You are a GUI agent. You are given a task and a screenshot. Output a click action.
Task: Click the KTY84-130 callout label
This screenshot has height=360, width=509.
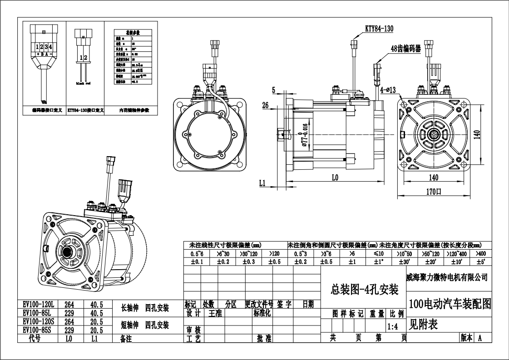pyautogui.click(x=379, y=29)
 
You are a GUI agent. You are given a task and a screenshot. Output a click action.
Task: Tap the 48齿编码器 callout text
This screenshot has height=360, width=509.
pyautogui.click(x=405, y=48)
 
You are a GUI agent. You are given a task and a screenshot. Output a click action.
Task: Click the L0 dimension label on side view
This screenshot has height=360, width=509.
pyautogui.click(x=335, y=178)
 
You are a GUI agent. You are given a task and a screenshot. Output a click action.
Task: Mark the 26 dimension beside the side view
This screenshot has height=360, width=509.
pyautogui.click(x=266, y=105)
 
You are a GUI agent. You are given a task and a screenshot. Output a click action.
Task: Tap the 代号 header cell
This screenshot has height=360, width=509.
pyautogui.click(x=35, y=339)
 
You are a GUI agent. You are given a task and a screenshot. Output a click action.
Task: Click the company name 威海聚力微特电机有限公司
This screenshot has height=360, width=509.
pyautogui.click(x=446, y=277)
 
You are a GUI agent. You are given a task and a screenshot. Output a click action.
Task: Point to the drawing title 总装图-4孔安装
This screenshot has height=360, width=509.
pyautogui.click(x=364, y=289)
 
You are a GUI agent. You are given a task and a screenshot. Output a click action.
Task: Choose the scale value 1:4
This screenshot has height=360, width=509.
pyautogui.click(x=394, y=326)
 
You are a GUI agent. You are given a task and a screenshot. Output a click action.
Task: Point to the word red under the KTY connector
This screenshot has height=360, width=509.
pyautogui.click(x=89, y=84)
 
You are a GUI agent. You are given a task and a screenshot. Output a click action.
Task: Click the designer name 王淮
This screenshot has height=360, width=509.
pyautogui.click(x=215, y=313)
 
